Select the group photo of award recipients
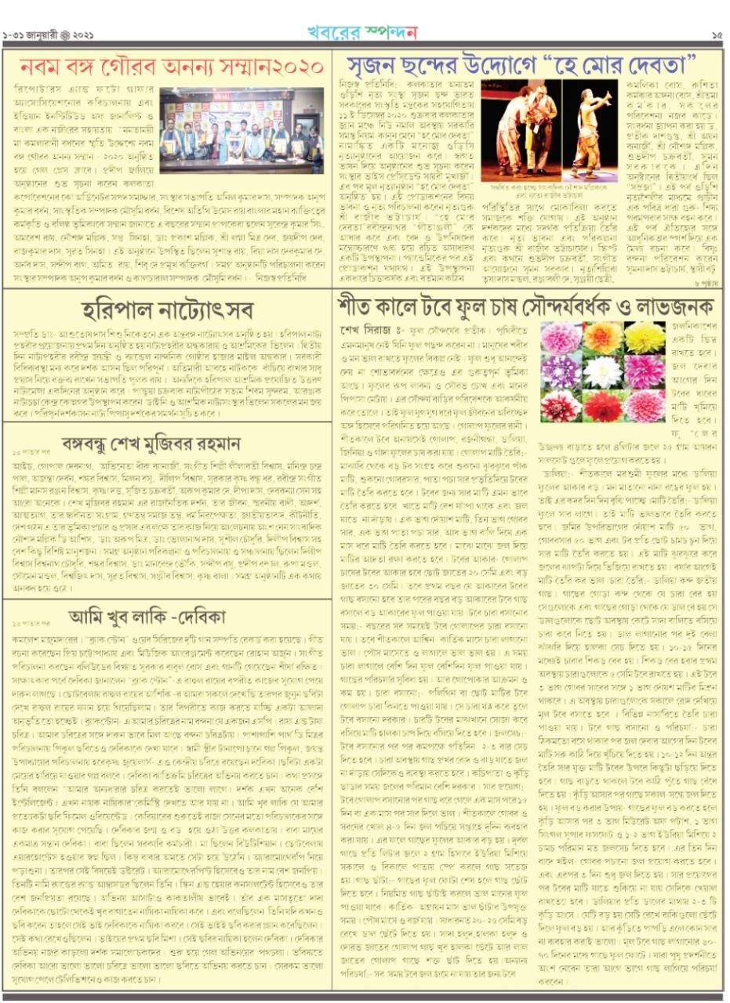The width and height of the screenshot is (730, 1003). tap(241, 125)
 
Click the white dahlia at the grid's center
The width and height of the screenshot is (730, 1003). tap(603, 371)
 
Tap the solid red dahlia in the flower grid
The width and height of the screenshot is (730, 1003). tap(603, 406)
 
